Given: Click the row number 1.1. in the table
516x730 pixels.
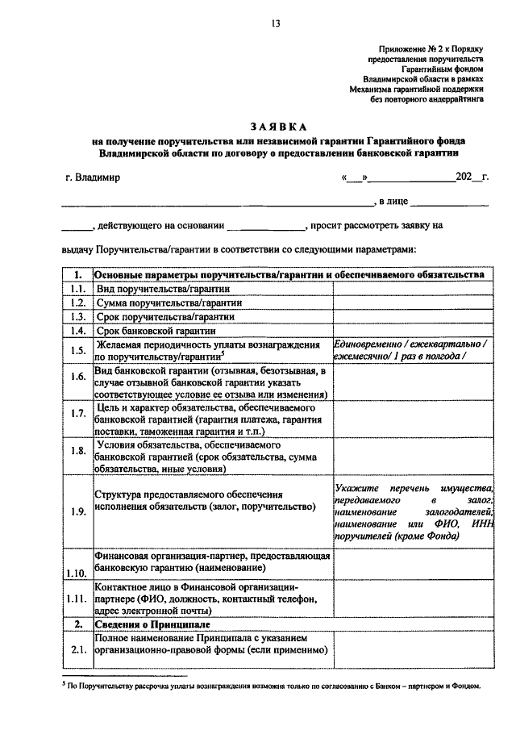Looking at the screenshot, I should pyautogui.click(x=77, y=289).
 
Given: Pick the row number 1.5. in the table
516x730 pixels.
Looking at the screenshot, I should pyautogui.click(x=77, y=350).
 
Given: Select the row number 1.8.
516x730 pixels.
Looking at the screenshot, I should pyautogui.click(x=77, y=451).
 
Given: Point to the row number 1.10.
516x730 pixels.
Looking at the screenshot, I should pyautogui.click(x=77, y=574).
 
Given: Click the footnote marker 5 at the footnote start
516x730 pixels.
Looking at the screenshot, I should pyautogui.click(x=63, y=685).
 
